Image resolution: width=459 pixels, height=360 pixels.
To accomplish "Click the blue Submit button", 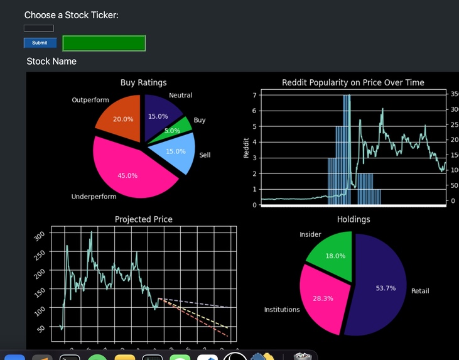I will [40, 43].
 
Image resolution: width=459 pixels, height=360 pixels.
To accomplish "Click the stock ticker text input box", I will [38, 28].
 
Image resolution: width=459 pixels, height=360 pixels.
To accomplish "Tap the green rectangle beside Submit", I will [104, 43].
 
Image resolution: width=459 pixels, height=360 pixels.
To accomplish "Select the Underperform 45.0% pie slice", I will [129, 170].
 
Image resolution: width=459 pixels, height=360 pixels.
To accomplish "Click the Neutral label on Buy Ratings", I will [181, 95].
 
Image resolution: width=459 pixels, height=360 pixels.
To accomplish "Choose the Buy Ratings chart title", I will [143, 82].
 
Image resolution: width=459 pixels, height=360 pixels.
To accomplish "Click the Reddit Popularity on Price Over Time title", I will [353, 82].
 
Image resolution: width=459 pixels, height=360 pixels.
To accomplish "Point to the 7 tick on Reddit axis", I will [254, 95].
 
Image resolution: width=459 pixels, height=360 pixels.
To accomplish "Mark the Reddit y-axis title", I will [246, 148].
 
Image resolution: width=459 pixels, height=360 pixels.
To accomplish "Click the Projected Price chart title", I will [143, 219].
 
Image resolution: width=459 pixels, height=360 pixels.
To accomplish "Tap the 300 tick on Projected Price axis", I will [40, 236].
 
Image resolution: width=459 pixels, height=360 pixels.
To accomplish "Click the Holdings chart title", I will [354, 219].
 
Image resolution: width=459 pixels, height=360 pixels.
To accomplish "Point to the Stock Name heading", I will [51, 61].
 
